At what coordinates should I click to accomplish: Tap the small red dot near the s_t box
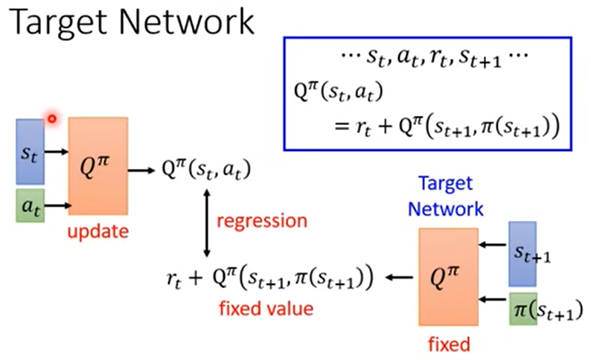(51, 118)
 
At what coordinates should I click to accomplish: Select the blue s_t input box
(30, 151)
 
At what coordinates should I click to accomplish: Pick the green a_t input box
(30, 206)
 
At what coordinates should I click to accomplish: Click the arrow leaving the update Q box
(139, 170)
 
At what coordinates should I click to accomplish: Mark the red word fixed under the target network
(450, 344)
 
